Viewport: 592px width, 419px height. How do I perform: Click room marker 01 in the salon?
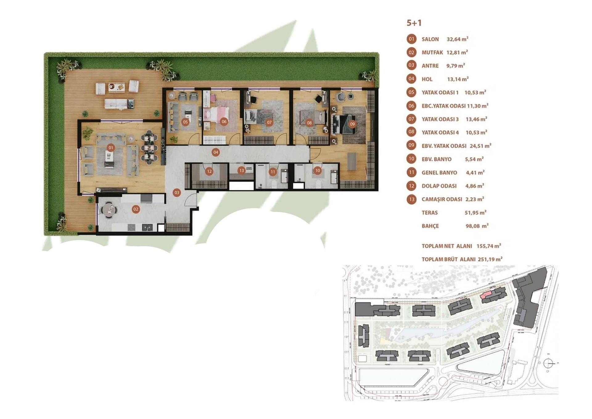click(x=111, y=148)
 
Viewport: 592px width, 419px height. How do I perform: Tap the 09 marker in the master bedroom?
click(x=352, y=124)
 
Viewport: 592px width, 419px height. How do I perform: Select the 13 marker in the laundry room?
click(x=241, y=170)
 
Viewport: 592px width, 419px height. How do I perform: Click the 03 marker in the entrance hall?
click(x=177, y=193)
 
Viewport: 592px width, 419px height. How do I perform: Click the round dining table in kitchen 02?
click(x=109, y=209)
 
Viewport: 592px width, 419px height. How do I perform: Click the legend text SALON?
click(x=430, y=39)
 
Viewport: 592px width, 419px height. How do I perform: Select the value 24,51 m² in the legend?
click(x=480, y=146)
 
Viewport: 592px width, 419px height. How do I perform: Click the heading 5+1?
click(x=414, y=23)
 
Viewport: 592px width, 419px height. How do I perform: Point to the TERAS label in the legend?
click(x=430, y=213)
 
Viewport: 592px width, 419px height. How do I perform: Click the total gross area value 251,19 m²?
click(x=490, y=259)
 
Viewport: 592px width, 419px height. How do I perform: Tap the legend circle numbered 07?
click(x=411, y=119)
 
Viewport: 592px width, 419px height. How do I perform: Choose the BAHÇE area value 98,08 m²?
click(x=477, y=226)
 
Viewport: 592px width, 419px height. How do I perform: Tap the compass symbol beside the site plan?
click(x=548, y=363)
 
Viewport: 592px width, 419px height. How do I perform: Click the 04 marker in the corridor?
click(x=216, y=152)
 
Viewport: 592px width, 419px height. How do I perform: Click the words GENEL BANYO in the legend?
click(x=439, y=173)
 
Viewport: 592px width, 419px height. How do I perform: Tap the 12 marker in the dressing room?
click(x=209, y=171)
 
